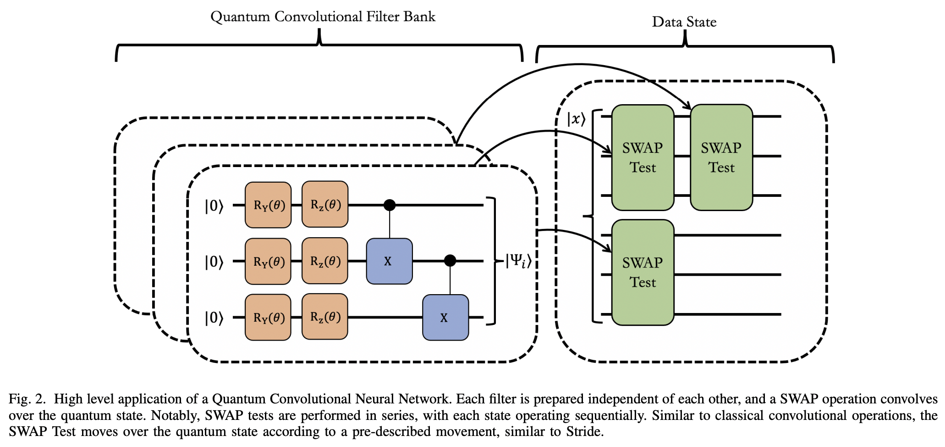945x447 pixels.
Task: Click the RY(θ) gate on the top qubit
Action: pos(268,205)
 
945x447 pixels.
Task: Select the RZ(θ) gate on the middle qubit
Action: pos(325,261)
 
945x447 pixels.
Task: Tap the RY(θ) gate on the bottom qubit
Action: pos(268,317)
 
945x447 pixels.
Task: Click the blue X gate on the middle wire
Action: pos(389,261)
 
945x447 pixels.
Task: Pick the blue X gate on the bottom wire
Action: pos(445,318)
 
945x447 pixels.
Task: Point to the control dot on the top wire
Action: pos(390,205)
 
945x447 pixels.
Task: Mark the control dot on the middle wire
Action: pos(450,261)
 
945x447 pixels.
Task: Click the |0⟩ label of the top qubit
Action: pos(214,206)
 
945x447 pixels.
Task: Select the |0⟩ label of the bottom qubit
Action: pos(214,318)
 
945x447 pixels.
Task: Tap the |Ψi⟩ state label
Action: pos(518,262)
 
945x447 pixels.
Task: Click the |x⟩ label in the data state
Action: pos(576,119)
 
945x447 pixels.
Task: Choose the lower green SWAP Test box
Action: pos(643,273)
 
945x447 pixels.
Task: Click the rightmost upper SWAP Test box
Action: pos(721,157)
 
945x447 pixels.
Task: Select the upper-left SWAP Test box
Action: pos(643,157)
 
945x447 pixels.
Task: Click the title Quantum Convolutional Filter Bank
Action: pos(323,17)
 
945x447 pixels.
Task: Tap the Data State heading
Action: pos(684,22)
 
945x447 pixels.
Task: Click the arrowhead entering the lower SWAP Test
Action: pos(608,249)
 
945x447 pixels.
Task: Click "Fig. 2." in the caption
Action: pos(27,399)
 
